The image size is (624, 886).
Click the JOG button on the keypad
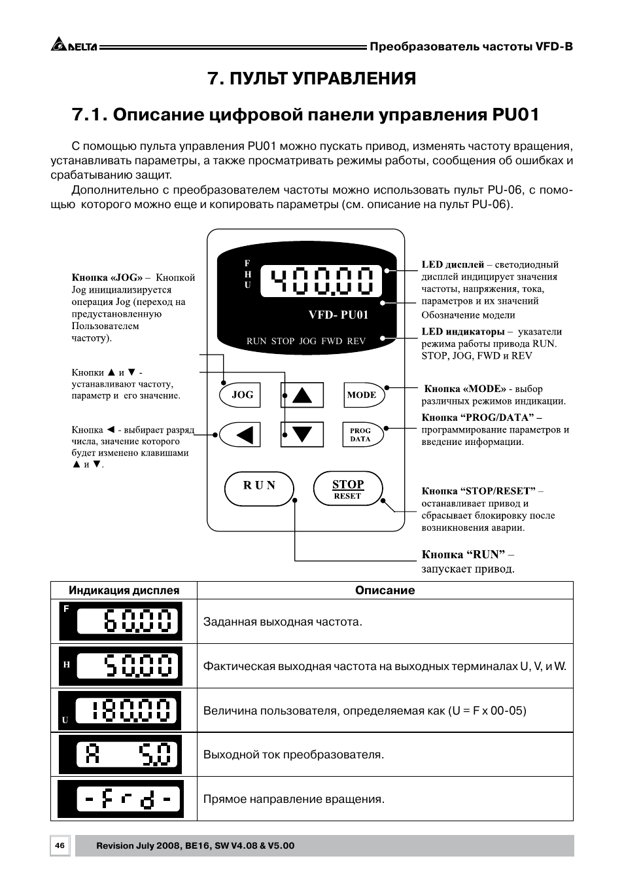pyautogui.click(x=242, y=395)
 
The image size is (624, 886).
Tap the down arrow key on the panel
pyautogui.click(x=302, y=434)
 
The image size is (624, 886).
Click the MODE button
pyautogui.click(x=362, y=395)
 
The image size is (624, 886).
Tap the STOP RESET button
pyautogui.click(x=348, y=489)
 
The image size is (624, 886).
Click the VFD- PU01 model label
pyautogui.click(x=338, y=315)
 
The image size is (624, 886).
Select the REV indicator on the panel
pyautogui.click(x=356, y=341)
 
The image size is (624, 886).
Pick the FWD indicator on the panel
pyautogui.click(x=332, y=341)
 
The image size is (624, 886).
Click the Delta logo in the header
pyautogui.click(x=73, y=46)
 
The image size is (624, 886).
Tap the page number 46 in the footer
pyautogui.click(x=60, y=845)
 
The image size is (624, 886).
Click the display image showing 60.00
pyautogui.click(x=120, y=621)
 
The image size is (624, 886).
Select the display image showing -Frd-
pyautogui.click(x=120, y=799)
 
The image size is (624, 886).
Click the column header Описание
pyautogui.click(x=385, y=590)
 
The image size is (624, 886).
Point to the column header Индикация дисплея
pyautogui.click(x=124, y=590)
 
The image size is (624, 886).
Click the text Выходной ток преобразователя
pyautogui.click(x=294, y=754)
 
